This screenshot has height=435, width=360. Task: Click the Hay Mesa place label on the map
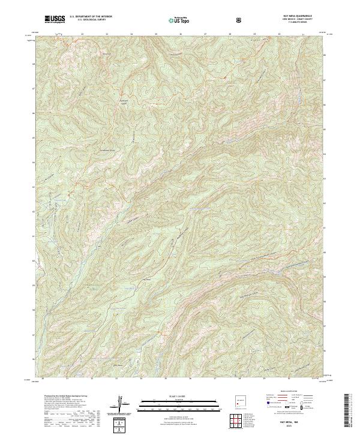(144, 280)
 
